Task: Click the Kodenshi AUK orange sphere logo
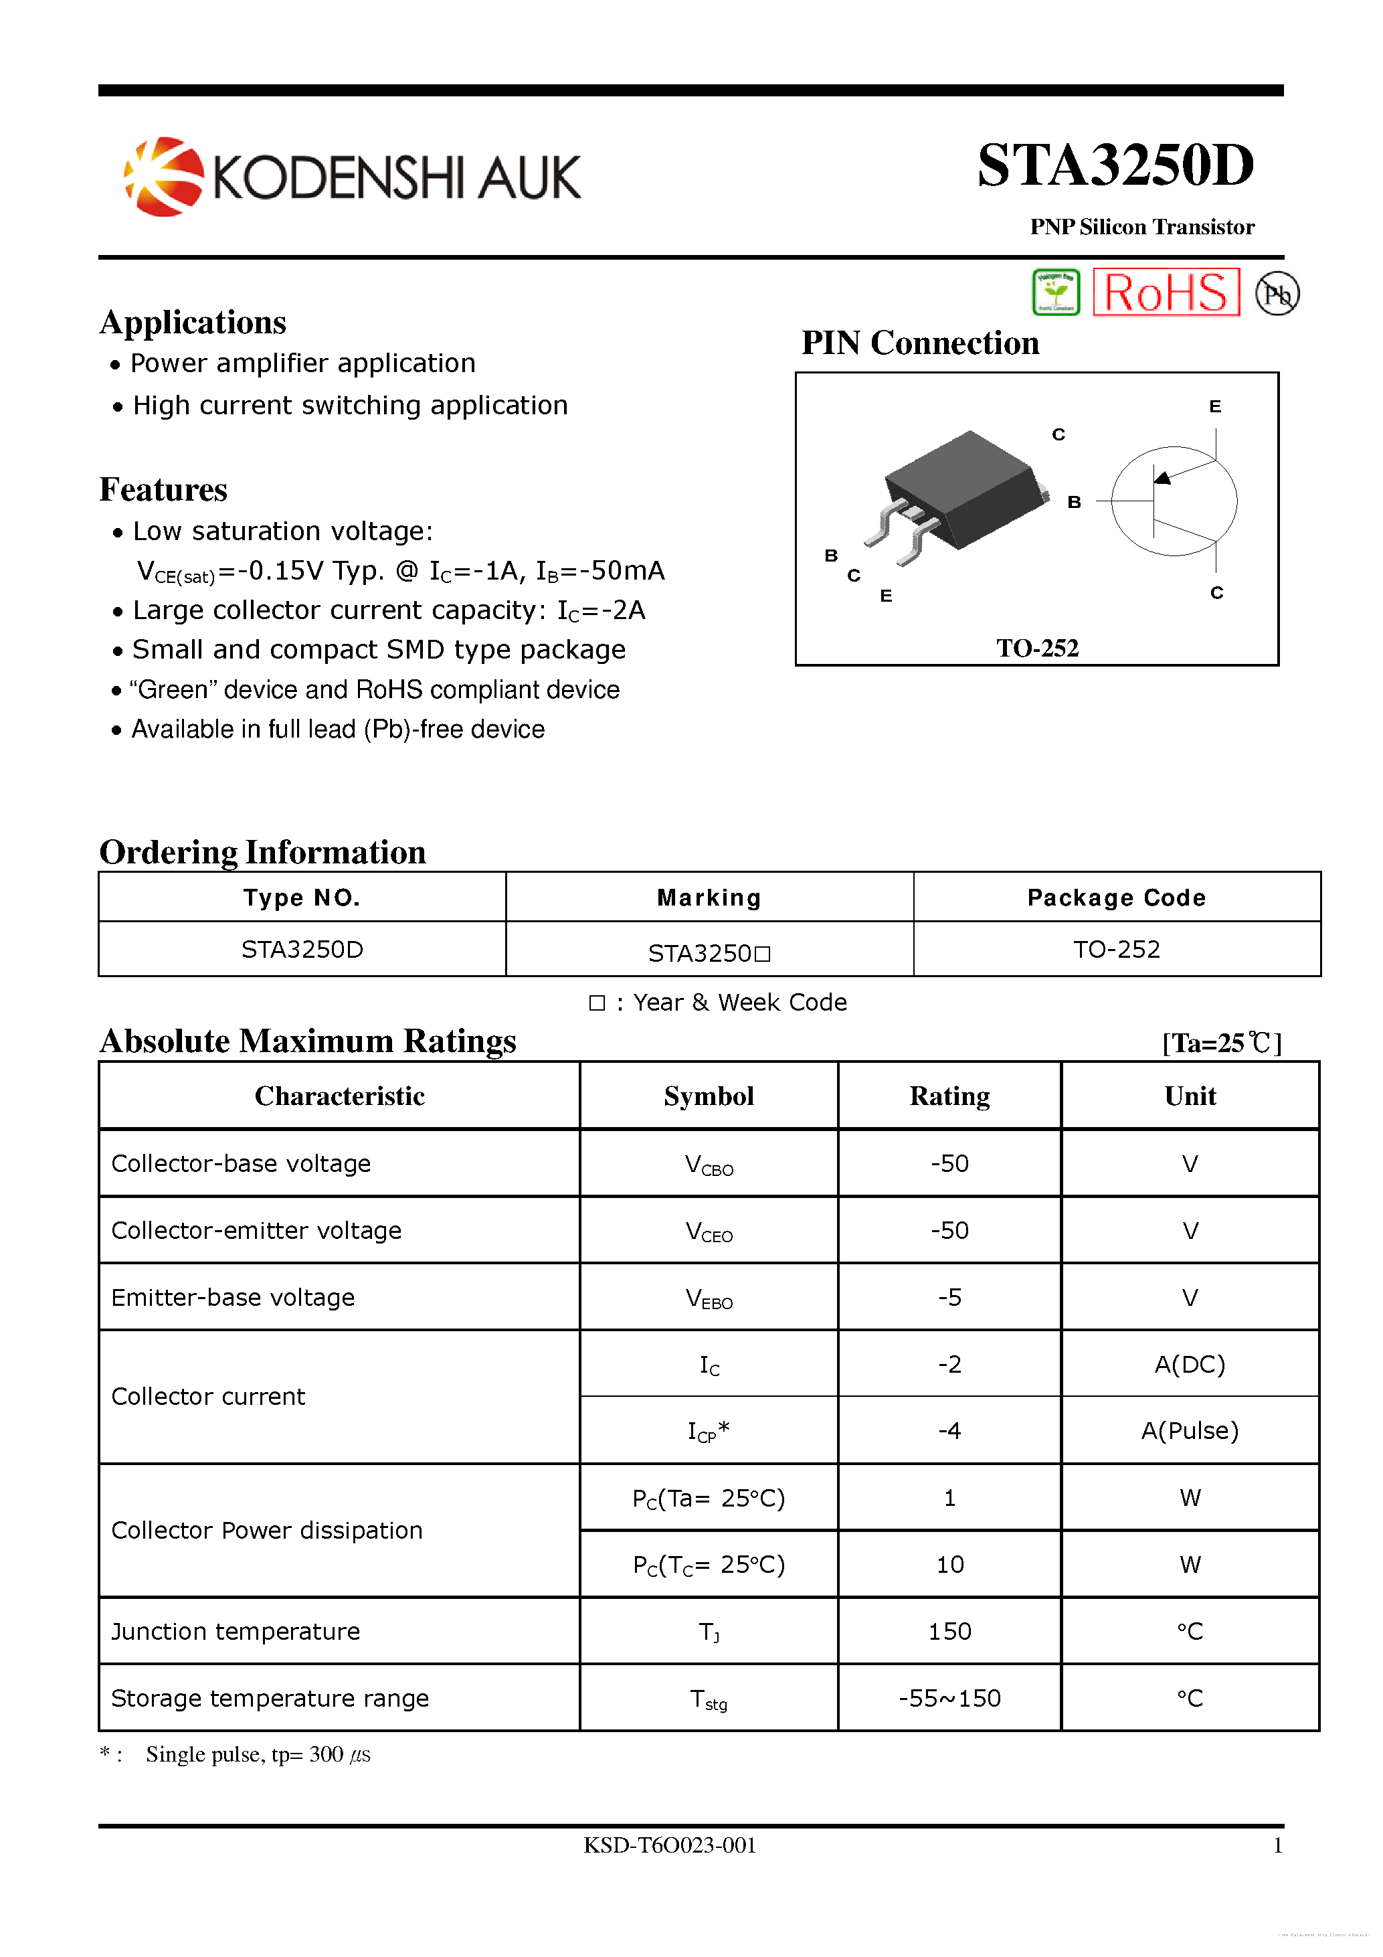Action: pos(164,177)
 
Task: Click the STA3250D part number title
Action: pos(1115,165)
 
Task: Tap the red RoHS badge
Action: pos(1165,293)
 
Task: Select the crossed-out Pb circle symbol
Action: pos(1277,294)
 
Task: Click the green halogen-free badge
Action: pos(1056,292)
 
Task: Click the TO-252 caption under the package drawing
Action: pos(1037,649)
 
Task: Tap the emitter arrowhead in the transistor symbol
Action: pos(1163,477)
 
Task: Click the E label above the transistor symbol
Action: pos(1214,406)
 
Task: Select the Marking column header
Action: pos(709,898)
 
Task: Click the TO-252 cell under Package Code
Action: pos(1116,950)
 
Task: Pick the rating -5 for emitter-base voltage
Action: pos(949,1297)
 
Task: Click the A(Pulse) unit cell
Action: pos(1190,1430)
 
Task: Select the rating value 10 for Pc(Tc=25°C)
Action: pos(949,1564)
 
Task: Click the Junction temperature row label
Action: pos(236,1632)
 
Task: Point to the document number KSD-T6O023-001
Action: pos(670,1845)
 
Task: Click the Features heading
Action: pos(164,490)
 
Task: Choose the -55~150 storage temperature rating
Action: pos(949,1699)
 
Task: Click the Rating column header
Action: pos(949,1096)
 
